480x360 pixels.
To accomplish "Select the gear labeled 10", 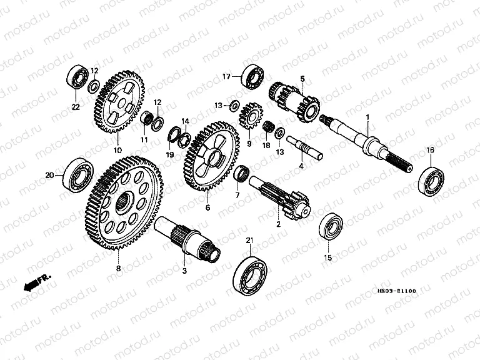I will point(119,102).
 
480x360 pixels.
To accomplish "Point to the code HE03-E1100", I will point(396,291).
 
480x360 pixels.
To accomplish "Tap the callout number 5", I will point(302,79).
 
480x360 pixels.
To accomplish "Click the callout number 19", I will point(169,154).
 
